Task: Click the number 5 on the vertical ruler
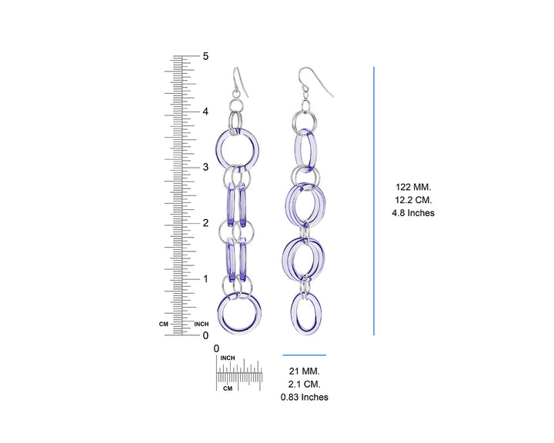tap(205, 56)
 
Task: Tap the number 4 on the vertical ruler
tap(205, 112)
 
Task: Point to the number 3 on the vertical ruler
tap(205, 167)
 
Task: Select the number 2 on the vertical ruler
tap(205, 223)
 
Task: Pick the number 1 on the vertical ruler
tap(205, 278)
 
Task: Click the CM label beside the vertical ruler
tap(164, 324)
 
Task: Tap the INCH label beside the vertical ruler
tap(202, 324)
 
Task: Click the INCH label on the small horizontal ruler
tap(228, 358)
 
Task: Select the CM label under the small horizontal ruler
tap(228, 388)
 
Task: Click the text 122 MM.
tap(413, 187)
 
